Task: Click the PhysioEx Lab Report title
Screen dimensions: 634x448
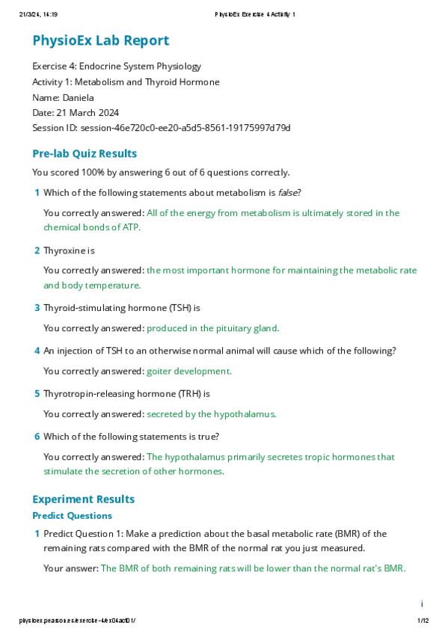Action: pyautogui.click(x=100, y=41)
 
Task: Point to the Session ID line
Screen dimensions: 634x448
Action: pyautogui.click(x=161, y=128)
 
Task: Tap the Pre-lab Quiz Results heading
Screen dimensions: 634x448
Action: pyautogui.click(x=85, y=154)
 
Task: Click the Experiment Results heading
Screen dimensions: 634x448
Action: pyautogui.click(x=83, y=499)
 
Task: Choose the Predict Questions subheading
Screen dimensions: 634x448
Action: pyautogui.click(x=72, y=516)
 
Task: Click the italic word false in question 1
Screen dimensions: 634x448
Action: pyautogui.click(x=287, y=193)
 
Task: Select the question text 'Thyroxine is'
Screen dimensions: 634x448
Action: pyautogui.click(x=69, y=250)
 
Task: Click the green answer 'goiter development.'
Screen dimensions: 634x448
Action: pyautogui.click(x=189, y=371)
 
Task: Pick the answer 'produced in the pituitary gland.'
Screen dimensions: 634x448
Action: pyautogui.click(x=212, y=327)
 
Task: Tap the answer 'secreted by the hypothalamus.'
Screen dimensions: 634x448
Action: pyautogui.click(x=212, y=413)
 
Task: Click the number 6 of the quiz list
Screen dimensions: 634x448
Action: pyautogui.click(x=37, y=437)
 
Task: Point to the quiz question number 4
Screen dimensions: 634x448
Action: pyautogui.click(x=37, y=351)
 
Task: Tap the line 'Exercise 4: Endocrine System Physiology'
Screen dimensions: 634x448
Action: pyautogui.click(x=117, y=67)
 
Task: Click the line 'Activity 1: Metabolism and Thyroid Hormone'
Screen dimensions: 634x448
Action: pyautogui.click(x=126, y=82)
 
